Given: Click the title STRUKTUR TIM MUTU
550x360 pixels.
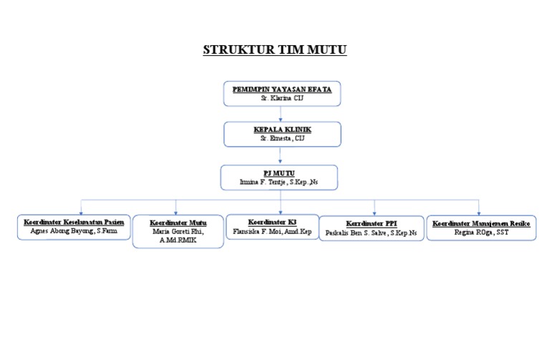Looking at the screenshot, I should click(x=275, y=51).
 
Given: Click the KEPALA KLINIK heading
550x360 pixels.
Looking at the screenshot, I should click(x=281, y=130).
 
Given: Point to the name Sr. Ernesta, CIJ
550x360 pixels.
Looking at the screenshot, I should click(x=281, y=138).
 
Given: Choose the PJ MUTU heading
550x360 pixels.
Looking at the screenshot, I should click(x=279, y=173).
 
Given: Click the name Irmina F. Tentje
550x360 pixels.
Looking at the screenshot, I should click(x=279, y=183).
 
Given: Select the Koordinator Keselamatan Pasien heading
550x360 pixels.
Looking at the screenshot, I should click(x=74, y=223).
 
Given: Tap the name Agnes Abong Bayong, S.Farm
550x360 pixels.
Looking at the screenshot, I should click(x=74, y=232).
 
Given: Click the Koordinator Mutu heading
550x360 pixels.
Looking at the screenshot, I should click(x=178, y=223).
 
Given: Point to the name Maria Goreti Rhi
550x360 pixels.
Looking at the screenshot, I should click(x=178, y=232).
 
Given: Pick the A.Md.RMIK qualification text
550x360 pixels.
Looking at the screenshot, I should click(x=178, y=240).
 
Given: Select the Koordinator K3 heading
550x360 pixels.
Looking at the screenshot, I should click(x=272, y=223).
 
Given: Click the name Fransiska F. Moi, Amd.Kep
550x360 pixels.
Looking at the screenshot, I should click(x=272, y=232).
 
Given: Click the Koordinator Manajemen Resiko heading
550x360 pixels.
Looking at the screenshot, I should click(x=481, y=223).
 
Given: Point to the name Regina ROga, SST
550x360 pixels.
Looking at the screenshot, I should click(x=481, y=233).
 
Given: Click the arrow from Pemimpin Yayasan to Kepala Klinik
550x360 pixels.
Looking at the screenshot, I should click(x=281, y=114).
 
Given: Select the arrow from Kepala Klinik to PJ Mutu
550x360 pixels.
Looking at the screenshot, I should click(x=281, y=155).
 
